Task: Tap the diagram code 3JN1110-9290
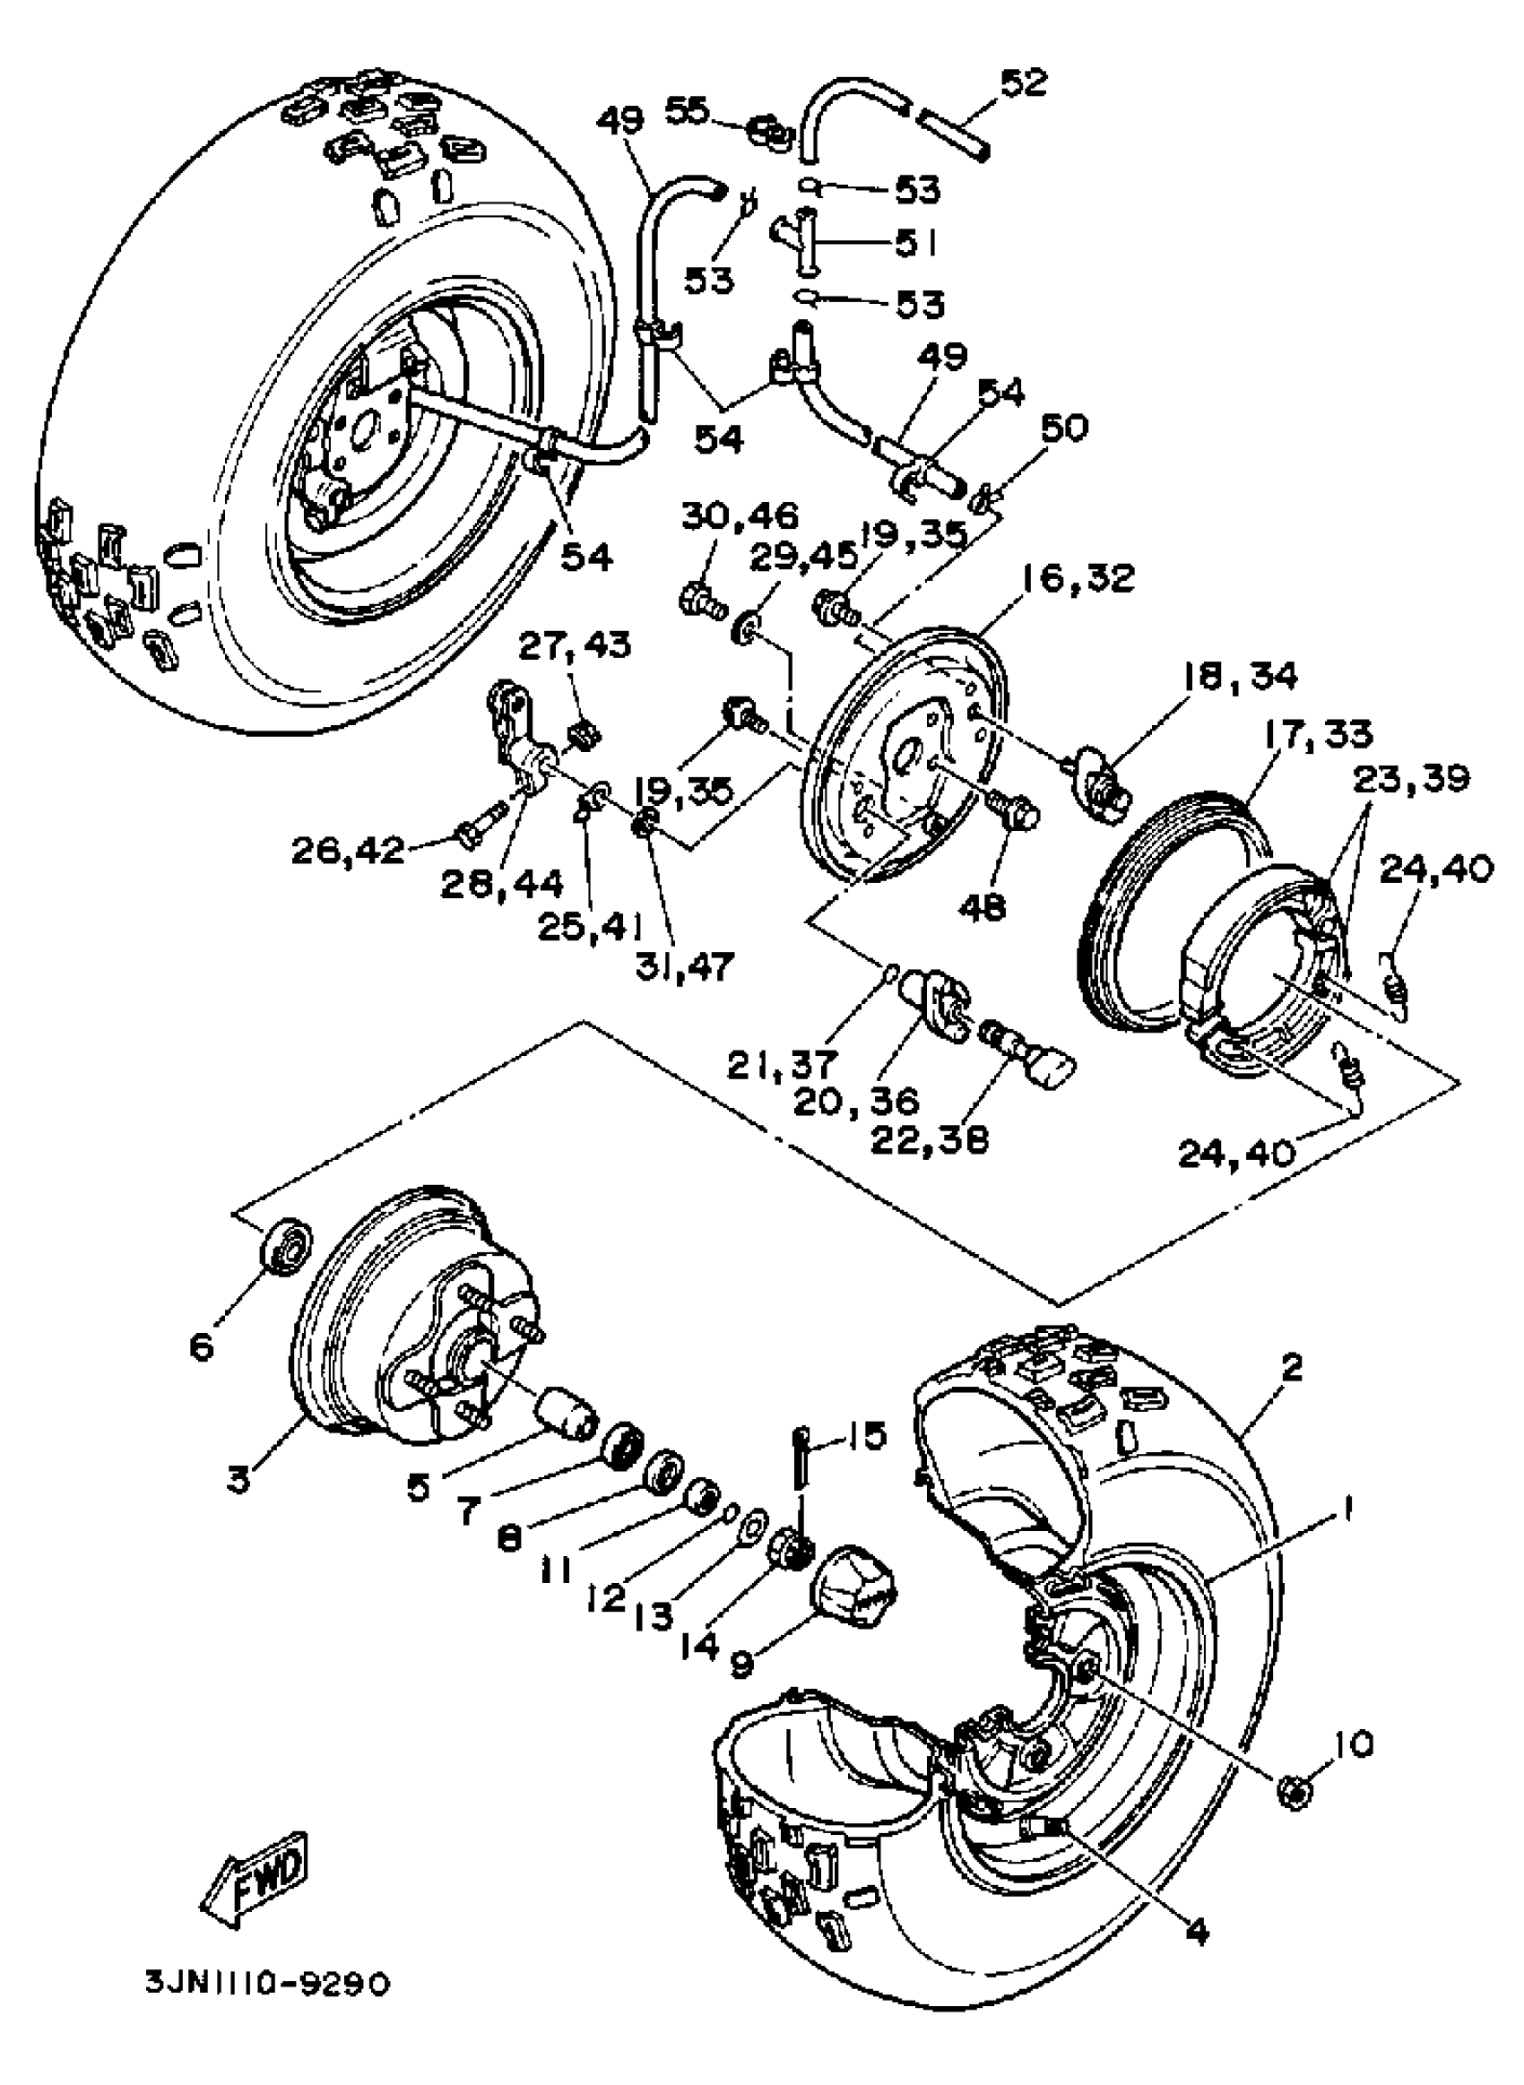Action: [266, 2003]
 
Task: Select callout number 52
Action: [1024, 82]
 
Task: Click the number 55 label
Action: [688, 109]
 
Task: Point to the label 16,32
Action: [1078, 579]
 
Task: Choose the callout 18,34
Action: [1241, 676]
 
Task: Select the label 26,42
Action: [347, 849]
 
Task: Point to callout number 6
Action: [201, 1347]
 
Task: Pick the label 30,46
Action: [740, 515]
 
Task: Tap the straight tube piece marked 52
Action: [954, 131]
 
